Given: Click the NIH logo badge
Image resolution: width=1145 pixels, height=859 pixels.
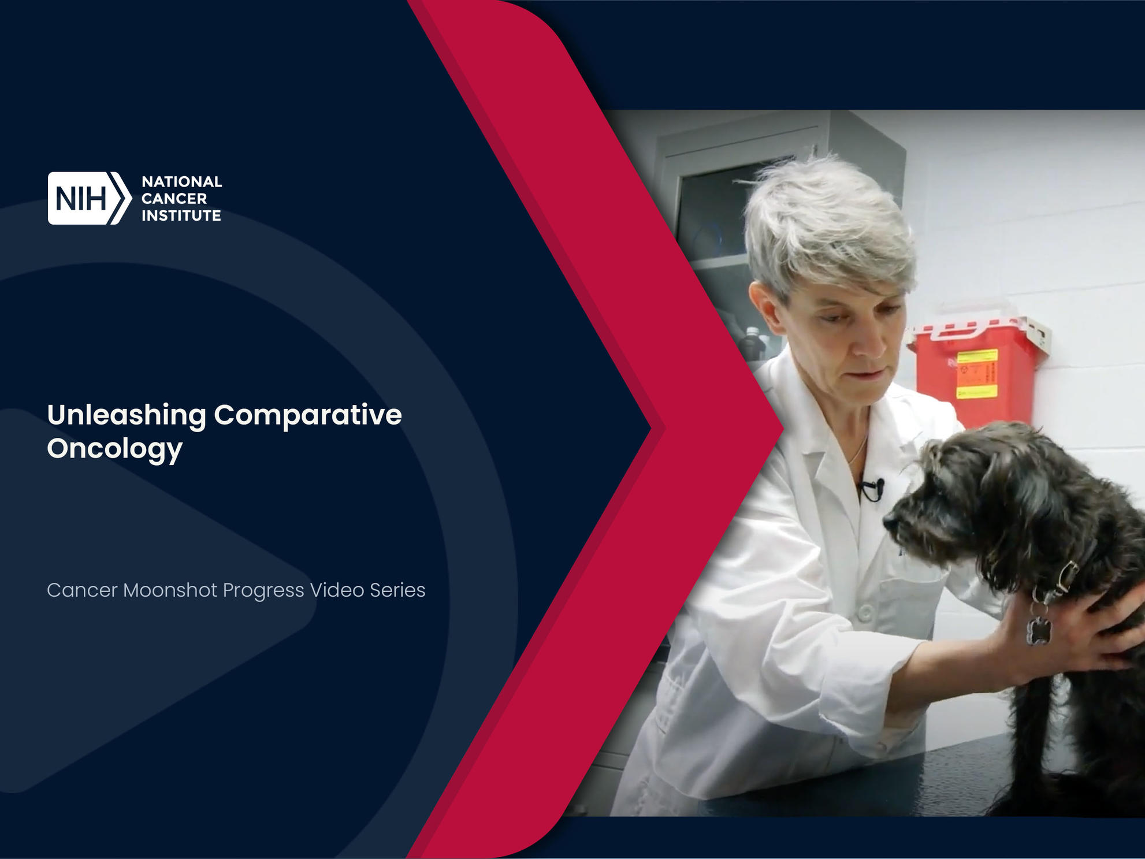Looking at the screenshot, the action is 90,198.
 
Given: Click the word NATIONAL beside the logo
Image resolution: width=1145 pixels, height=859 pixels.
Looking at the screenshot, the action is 182,181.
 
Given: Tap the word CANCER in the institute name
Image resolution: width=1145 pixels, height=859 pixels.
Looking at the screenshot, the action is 174,199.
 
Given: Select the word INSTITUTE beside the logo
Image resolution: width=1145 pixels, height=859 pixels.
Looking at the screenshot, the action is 181,215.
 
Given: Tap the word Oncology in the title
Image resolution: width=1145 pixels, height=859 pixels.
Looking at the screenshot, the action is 115,449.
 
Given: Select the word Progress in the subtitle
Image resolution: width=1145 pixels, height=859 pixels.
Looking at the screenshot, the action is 263,591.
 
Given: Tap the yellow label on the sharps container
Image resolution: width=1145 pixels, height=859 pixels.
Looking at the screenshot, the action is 977,373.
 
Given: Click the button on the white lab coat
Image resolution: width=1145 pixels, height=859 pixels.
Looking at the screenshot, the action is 865,613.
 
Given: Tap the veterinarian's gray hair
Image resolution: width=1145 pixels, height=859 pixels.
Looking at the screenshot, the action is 826,225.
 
